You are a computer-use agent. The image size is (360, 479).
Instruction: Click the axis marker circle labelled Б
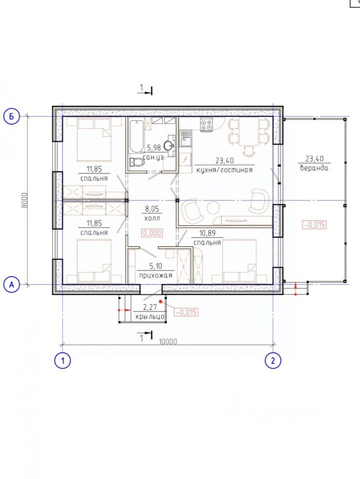click(x=11, y=116)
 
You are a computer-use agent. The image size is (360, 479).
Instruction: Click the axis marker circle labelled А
click(x=11, y=285)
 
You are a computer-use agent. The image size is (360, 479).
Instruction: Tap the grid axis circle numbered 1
click(x=62, y=361)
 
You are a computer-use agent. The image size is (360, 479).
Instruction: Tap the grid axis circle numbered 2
click(x=273, y=361)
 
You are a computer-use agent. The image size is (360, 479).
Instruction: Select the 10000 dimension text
click(x=168, y=341)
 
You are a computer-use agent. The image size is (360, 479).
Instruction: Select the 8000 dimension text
click(x=24, y=201)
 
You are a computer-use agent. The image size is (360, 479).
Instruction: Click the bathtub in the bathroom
click(x=136, y=137)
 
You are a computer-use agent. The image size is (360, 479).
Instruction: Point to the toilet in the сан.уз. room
click(x=137, y=162)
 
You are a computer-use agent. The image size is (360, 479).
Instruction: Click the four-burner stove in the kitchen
click(x=206, y=125)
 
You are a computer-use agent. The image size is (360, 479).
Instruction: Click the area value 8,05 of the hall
click(x=152, y=209)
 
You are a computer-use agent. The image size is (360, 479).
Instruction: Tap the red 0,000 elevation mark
click(x=152, y=233)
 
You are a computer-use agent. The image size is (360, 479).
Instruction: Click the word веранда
click(x=314, y=168)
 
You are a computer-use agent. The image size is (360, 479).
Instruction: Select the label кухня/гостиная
click(x=225, y=170)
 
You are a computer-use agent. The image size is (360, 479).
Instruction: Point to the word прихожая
click(x=156, y=275)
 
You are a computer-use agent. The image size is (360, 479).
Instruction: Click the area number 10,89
click(x=207, y=234)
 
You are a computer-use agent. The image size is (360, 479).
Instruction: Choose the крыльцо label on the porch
click(x=150, y=316)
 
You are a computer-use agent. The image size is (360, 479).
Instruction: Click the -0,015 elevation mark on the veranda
click(x=315, y=225)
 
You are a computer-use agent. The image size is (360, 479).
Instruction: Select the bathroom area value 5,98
click(x=154, y=148)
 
